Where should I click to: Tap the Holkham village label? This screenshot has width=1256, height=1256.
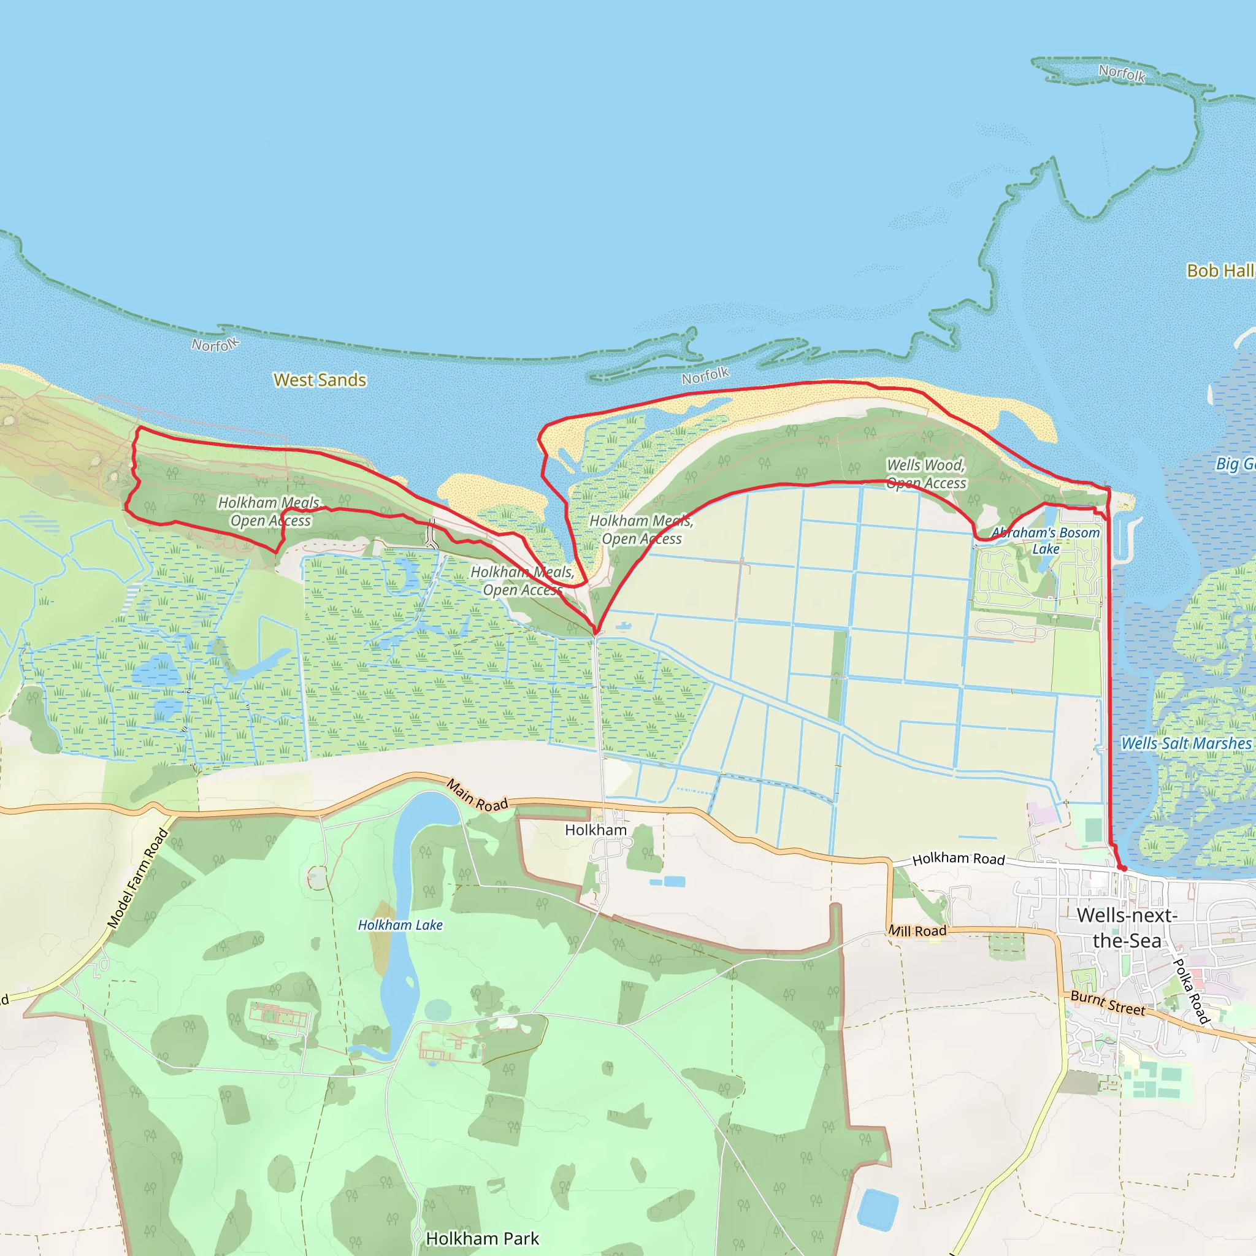coord(595,830)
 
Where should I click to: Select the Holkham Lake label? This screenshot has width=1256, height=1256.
coord(400,925)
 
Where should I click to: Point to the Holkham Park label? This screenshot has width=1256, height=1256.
coord(483,1238)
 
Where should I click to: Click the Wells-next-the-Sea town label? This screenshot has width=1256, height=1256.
coord(1127,928)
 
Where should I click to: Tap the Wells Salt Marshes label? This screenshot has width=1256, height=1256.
coord(1186,743)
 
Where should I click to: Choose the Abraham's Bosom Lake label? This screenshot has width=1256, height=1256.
coord(1046,540)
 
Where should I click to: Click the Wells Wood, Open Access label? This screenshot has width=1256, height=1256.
coord(927,474)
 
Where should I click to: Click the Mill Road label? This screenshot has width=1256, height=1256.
coord(917,931)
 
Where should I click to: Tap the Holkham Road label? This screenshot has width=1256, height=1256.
coord(959,859)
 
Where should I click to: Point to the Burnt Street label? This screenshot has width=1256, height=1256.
coord(1108,1003)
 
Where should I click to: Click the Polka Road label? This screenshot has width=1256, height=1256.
coord(1191,992)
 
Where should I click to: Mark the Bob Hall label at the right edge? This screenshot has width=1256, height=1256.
coord(1220,270)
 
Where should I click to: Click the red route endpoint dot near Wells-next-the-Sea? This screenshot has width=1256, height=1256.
coord(1123,868)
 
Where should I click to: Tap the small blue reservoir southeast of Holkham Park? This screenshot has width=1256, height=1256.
coord(877,1210)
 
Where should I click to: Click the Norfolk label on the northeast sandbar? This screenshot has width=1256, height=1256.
coord(1122,73)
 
